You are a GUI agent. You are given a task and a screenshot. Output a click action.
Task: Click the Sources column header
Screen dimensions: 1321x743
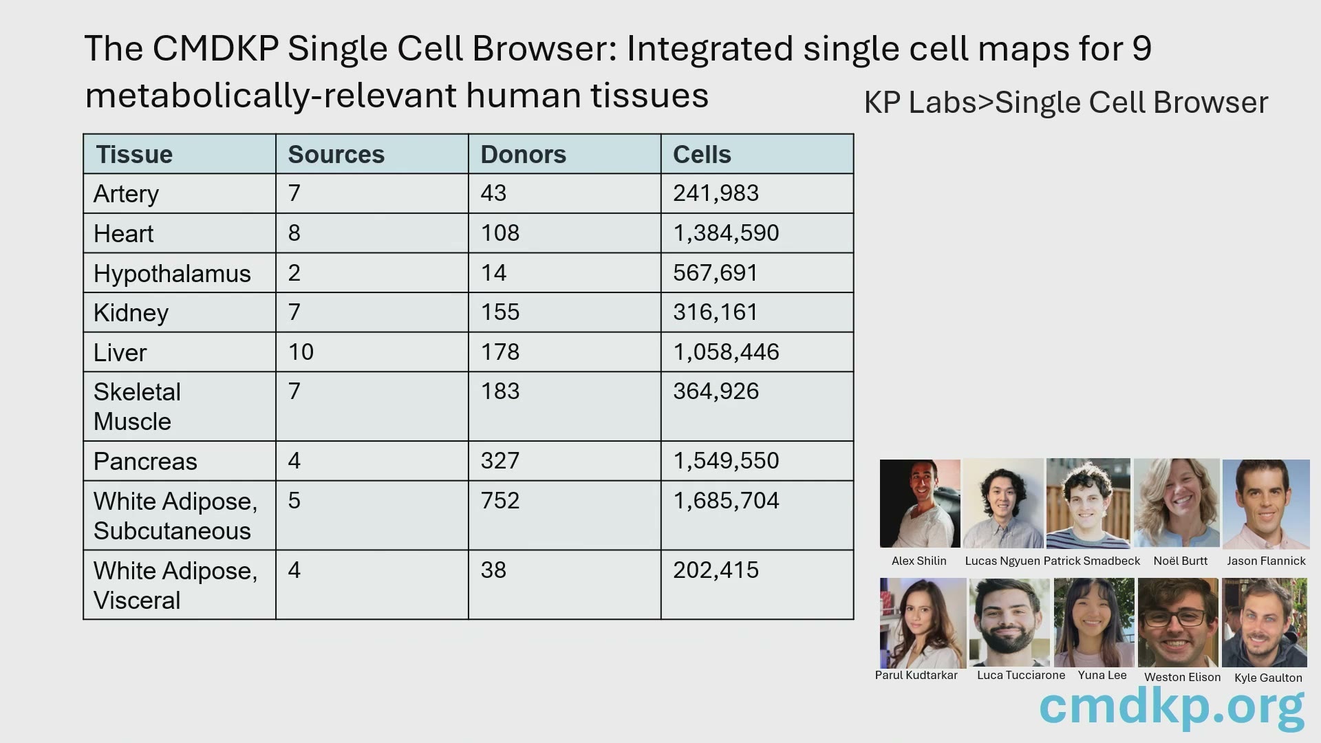[336, 155]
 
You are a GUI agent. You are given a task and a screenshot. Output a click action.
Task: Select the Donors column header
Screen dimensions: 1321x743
[523, 155]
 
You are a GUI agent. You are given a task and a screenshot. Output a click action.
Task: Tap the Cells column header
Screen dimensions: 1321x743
[702, 155]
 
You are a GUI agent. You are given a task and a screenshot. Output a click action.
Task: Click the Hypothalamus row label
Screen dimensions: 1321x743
[172, 274]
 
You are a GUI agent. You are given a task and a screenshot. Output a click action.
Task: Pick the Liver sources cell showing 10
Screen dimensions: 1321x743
[301, 352]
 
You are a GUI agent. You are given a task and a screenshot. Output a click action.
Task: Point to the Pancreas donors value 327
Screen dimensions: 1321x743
[500, 461]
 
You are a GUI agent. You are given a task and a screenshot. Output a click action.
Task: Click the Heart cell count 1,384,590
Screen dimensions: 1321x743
[726, 233]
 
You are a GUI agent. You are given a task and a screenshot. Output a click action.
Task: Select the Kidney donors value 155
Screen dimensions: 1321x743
[500, 312]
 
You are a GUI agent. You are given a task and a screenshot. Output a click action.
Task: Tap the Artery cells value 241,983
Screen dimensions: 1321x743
[716, 193]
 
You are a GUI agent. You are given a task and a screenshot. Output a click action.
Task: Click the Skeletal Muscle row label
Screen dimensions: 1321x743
[137, 407]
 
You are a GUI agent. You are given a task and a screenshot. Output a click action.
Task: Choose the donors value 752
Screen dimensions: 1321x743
[500, 501]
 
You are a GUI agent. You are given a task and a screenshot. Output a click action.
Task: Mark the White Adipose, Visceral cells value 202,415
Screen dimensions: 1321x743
[716, 570]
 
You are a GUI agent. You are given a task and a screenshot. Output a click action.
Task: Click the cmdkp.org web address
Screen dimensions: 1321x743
[1172, 707]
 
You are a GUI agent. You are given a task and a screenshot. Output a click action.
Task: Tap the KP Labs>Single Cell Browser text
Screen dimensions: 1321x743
[1066, 103]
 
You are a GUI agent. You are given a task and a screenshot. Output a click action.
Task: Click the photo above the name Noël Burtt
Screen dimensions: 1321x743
[1177, 503]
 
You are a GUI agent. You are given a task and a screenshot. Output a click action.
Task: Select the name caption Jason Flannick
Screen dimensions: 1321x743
[1266, 561]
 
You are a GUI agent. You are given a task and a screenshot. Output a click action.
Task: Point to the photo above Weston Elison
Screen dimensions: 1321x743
[1178, 623]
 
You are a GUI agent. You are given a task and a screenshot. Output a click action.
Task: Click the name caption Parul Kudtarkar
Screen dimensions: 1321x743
[916, 675]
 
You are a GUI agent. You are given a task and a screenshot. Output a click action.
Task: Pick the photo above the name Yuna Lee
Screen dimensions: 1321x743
[1094, 623]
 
